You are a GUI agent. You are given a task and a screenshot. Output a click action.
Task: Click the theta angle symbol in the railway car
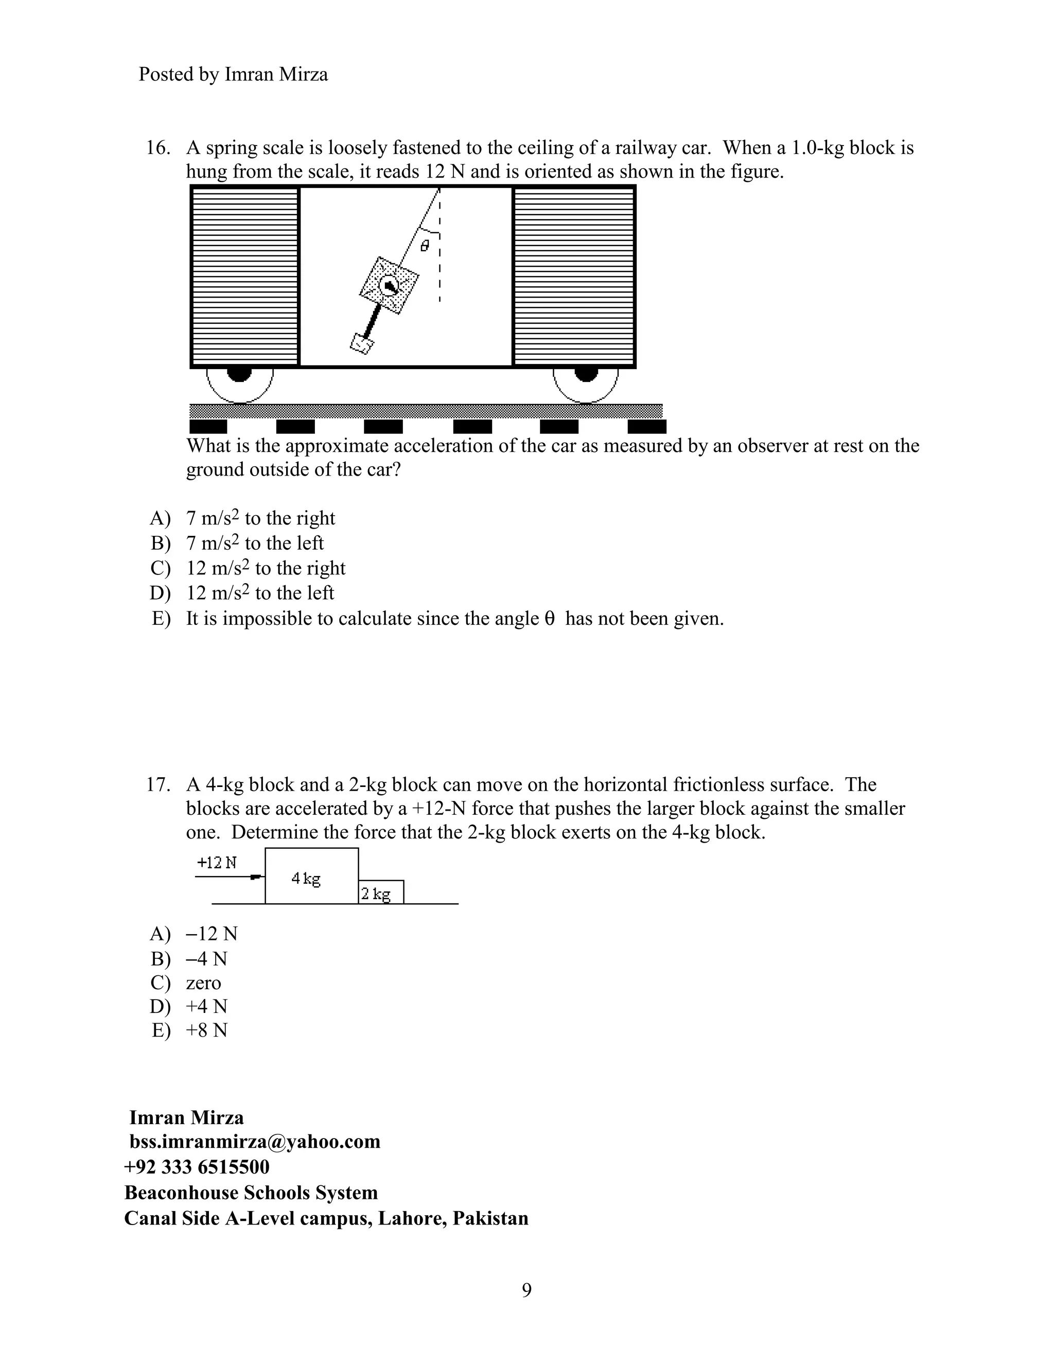point(425,246)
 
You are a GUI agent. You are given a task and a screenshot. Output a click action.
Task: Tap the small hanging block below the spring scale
point(361,343)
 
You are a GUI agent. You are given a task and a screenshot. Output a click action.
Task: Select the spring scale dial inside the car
point(389,286)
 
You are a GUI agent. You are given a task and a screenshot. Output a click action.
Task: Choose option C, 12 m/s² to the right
point(266,568)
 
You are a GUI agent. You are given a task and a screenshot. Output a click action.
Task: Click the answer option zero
point(204,983)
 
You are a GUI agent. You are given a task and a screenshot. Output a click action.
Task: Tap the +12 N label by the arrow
point(217,863)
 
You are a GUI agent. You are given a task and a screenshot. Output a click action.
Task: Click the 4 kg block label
point(306,879)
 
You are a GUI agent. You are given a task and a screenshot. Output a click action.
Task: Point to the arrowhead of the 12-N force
point(255,878)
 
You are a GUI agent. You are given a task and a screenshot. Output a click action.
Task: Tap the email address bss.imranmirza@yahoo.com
point(255,1142)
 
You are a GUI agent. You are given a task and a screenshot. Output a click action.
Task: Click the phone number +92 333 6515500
point(197,1167)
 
